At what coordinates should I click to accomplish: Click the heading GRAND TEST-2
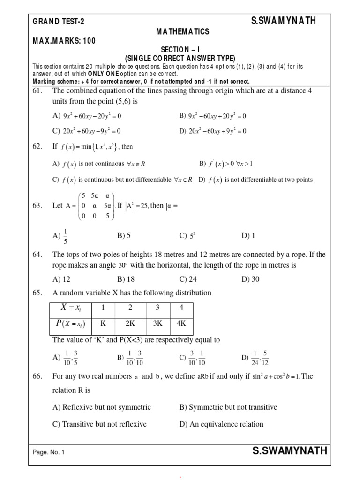[59, 22]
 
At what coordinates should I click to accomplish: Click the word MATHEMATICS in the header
[183, 31]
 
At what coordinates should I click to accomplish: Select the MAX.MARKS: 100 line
[64, 41]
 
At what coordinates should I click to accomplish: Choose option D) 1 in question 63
[248, 236]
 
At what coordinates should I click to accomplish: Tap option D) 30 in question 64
[250, 279]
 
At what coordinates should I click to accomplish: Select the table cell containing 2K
[130, 323]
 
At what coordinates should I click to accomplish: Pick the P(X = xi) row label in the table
[70, 323]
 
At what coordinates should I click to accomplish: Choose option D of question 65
[255, 357]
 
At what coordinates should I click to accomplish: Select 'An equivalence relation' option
[221, 424]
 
